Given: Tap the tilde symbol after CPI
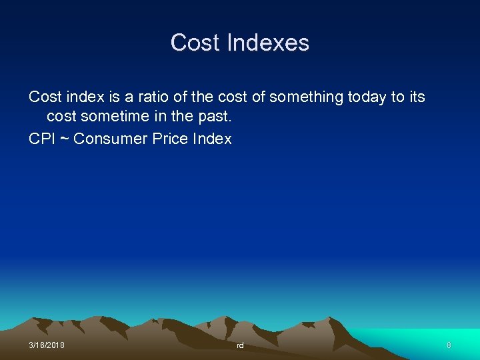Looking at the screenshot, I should coord(65,139).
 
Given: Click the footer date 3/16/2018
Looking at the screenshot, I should coord(47,345).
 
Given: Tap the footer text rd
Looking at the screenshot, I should coord(240,346).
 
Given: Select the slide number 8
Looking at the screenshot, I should coord(449,345).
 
